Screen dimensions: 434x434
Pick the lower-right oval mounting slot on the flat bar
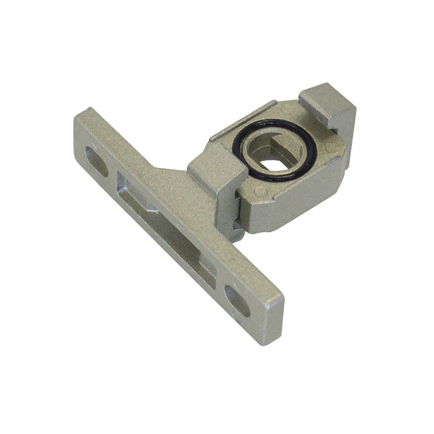(237, 301)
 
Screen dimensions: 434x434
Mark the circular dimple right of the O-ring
(329, 148)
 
